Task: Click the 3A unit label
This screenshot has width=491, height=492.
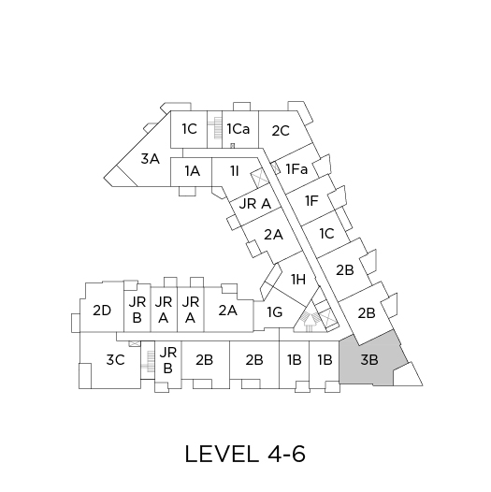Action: click(x=151, y=159)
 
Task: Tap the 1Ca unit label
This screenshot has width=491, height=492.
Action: click(x=238, y=129)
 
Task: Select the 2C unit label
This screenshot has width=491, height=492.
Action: click(x=281, y=131)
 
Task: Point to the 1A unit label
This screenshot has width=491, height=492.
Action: click(x=192, y=171)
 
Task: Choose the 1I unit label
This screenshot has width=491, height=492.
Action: click(x=235, y=171)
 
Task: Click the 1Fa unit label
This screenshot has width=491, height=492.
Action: click(x=296, y=169)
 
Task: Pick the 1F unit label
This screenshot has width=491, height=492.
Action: click(x=311, y=201)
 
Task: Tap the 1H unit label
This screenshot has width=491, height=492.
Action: click(x=298, y=279)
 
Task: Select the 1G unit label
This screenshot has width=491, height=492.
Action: click(x=275, y=312)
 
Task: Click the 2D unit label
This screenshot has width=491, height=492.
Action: click(x=102, y=311)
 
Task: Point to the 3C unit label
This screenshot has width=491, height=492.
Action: click(x=115, y=360)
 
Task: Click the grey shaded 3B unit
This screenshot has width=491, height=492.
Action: click(x=370, y=359)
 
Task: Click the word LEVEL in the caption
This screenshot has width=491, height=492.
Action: click(x=222, y=454)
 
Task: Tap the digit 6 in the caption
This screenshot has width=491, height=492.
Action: click(x=298, y=454)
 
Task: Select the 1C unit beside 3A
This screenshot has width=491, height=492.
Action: click(x=189, y=129)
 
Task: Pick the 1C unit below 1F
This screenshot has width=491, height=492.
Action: click(x=326, y=234)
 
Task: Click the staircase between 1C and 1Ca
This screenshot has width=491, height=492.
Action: click(x=215, y=129)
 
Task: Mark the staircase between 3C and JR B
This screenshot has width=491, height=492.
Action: click(x=148, y=360)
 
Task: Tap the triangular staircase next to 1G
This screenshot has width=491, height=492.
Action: click(x=310, y=319)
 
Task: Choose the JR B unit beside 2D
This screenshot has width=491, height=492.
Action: click(x=137, y=310)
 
